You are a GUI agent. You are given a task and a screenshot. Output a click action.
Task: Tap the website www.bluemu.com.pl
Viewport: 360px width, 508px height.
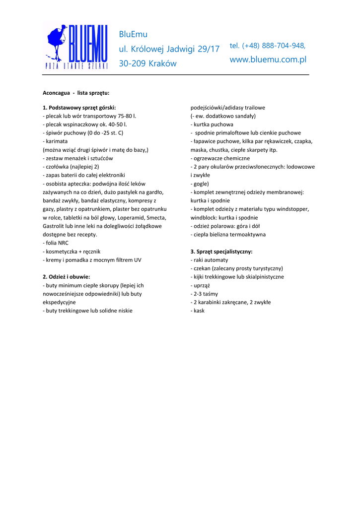coord(268,60)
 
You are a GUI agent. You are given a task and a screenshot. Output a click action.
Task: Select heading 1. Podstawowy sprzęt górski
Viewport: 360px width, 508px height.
coord(79,107)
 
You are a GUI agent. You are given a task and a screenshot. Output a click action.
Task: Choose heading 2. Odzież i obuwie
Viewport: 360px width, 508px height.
coord(66,276)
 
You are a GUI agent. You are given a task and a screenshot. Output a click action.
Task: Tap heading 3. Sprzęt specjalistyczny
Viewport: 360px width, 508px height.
coord(221,252)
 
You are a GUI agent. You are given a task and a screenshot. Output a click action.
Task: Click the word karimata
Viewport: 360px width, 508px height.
coord(57,141)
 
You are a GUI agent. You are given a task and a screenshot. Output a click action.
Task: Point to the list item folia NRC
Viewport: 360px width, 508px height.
coord(57,243)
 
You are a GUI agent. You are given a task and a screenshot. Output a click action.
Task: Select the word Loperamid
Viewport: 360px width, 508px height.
coord(132,217)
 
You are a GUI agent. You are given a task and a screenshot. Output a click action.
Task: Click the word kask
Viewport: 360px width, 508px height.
coord(199,311)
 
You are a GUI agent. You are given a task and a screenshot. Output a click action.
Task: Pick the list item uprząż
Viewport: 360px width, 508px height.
coord(202,285)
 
